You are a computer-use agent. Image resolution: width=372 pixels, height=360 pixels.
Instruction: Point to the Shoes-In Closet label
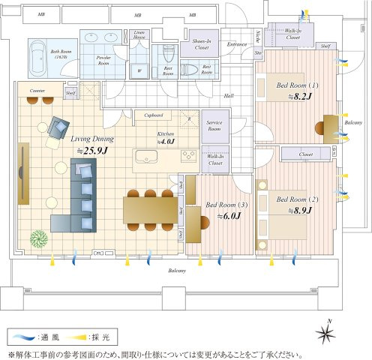(x=201, y=45)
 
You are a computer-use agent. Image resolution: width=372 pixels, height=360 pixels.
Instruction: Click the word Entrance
(x=236, y=44)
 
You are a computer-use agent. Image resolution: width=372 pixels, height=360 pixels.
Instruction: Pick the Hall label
(x=229, y=95)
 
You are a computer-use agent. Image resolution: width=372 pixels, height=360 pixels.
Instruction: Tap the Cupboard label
(x=153, y=115)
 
